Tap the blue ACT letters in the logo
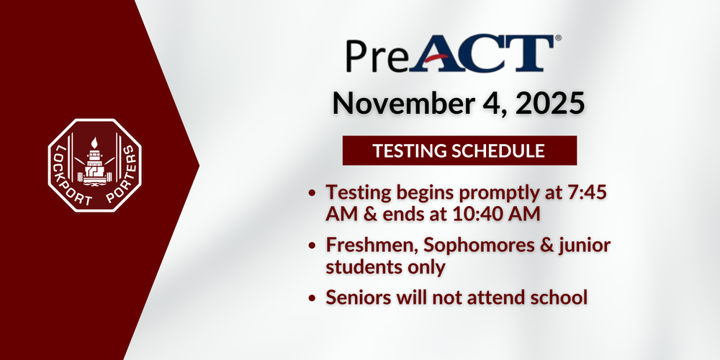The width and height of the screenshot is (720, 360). [x=479, y=53]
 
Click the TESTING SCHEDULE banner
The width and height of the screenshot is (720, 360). [x=459, y=151]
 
